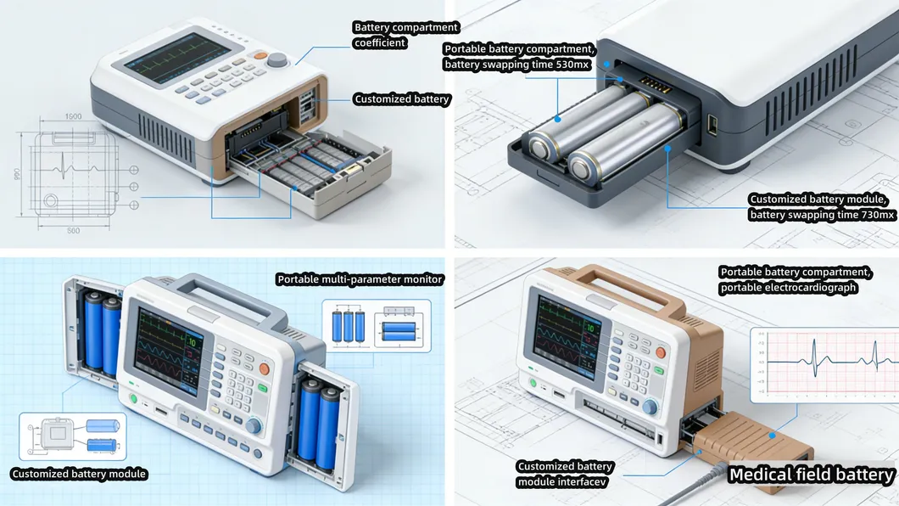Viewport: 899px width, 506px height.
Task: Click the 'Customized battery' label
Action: pos(402,99)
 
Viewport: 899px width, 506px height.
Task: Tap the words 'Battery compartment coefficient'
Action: pos(405,35)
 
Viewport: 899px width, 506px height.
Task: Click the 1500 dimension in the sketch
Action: pos(73,116)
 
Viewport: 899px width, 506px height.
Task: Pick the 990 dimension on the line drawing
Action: pos(17,174)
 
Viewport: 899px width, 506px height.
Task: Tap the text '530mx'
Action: pos(569,65)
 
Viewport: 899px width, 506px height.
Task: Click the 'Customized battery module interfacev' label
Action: pos(564,475)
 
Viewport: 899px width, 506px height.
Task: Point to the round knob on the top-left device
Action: pos(277,60)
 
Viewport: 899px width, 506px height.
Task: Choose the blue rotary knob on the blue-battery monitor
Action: pos(253,425)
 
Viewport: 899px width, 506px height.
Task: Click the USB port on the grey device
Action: pos(711,125)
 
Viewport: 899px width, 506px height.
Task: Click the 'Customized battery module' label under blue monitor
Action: pos(79,474)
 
